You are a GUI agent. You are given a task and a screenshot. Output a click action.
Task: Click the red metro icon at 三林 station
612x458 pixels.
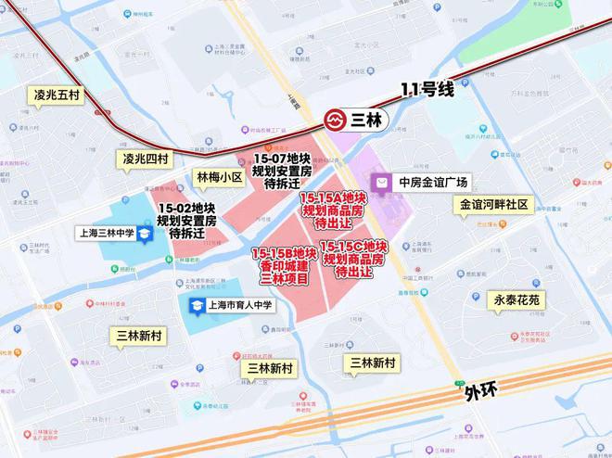coord(336,120)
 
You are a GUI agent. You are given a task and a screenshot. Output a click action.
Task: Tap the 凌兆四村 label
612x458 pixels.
coord(146,159)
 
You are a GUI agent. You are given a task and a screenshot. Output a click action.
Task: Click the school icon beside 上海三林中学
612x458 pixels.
coord(146,235)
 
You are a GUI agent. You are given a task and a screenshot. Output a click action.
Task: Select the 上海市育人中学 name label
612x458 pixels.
coord(239,305)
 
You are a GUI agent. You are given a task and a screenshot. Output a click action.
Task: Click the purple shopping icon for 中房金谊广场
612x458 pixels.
coord(381,182)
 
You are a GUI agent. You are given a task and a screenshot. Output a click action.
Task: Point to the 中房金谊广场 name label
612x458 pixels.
coord(433,182)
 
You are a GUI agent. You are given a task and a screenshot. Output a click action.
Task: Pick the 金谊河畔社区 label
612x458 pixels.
coord(492,205)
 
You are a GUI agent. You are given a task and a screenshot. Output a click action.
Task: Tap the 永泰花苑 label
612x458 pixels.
coord(516,300)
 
